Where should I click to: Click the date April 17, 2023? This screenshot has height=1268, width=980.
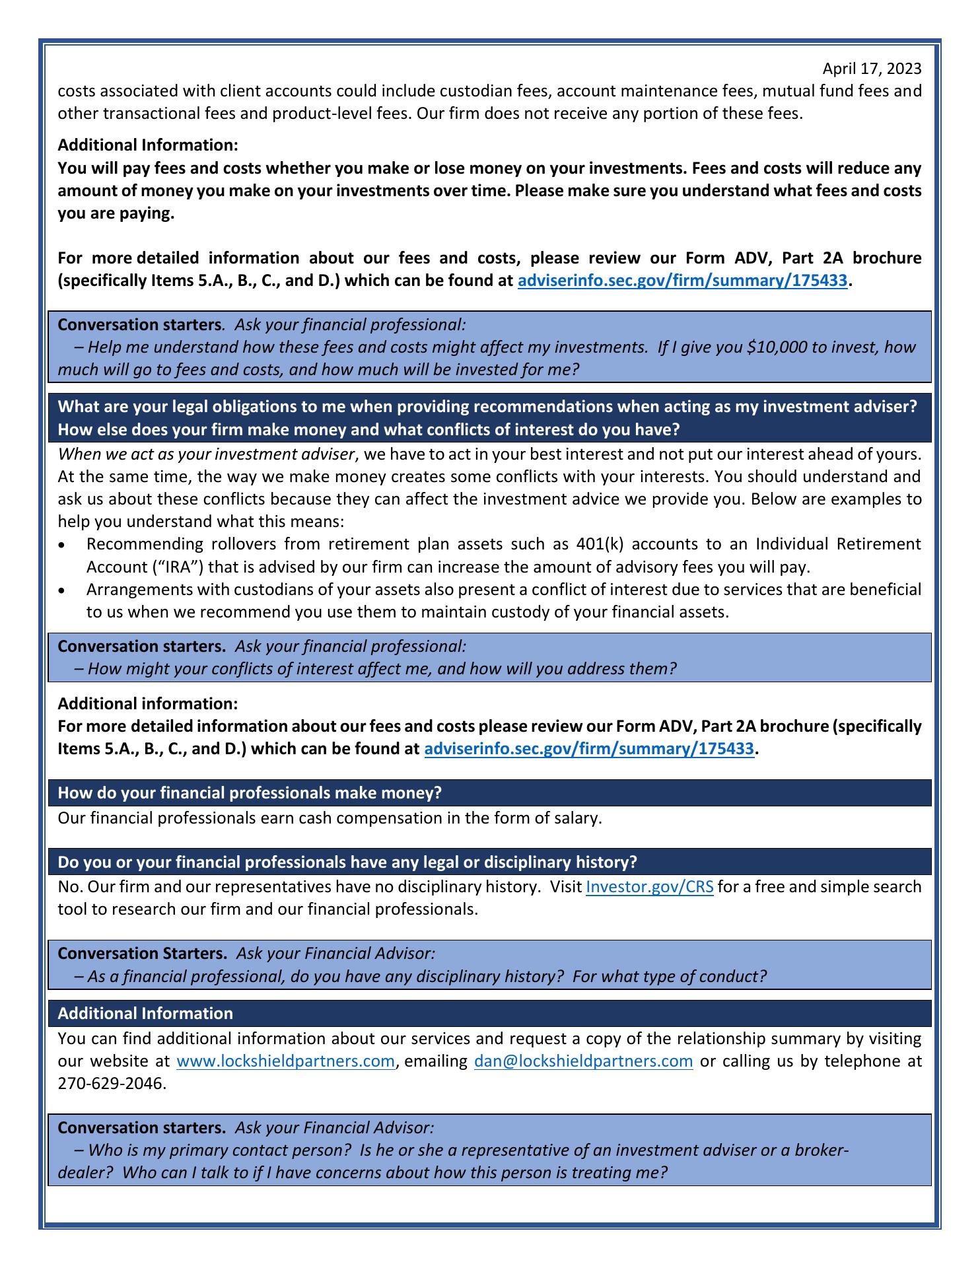871,69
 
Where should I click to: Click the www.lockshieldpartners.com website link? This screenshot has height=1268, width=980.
286,1061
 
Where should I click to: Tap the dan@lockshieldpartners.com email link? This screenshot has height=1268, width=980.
583,1061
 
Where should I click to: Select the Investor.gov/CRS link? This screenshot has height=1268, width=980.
649,886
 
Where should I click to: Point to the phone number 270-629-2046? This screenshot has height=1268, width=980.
111,1084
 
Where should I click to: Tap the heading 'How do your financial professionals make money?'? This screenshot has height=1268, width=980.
250,792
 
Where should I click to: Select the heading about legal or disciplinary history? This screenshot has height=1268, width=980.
347,862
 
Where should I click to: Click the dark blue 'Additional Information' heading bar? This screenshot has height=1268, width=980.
145,1013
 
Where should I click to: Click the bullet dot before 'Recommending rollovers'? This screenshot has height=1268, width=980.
62,546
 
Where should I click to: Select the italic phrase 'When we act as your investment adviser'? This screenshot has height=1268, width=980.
207,454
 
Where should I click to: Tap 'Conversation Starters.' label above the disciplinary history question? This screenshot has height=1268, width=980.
142,953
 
